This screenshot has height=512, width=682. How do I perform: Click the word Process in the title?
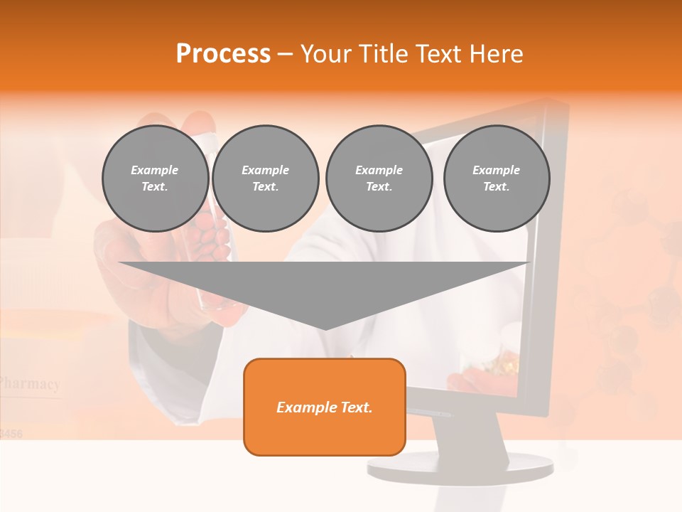223,54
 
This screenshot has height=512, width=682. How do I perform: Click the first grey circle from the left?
155,178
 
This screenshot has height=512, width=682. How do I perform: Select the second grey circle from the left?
266,178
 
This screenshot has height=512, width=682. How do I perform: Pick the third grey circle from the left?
379,178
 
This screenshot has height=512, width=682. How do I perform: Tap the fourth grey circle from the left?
497,178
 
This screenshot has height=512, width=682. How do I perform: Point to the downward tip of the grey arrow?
325,327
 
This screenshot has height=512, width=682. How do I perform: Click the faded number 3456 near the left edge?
12,432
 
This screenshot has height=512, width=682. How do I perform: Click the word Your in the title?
325,54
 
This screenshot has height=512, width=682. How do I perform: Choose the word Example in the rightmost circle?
496,170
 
